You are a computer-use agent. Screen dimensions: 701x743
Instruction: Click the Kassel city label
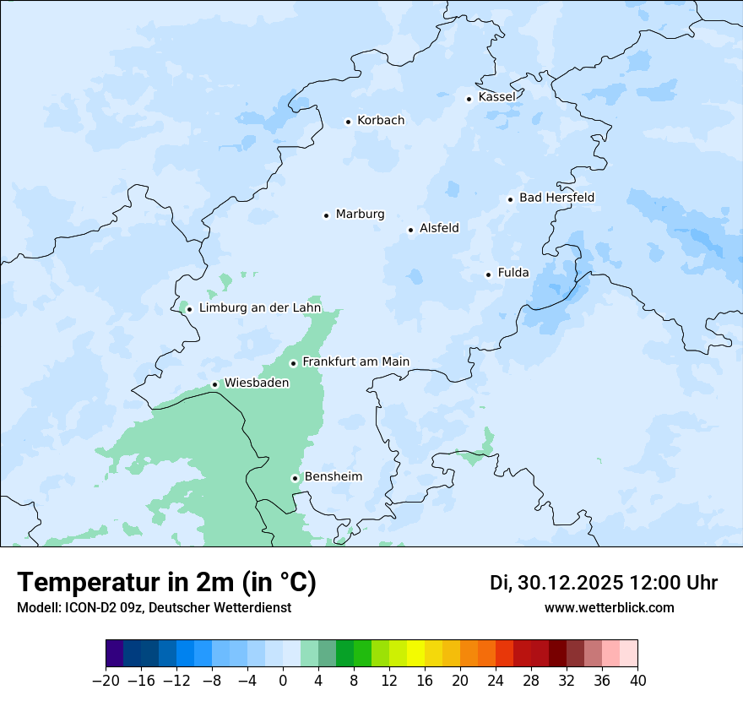(x=496, y=97)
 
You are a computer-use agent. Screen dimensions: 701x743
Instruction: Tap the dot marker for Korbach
(x=348, y=122)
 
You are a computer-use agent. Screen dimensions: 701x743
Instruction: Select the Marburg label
(x=360, y=215)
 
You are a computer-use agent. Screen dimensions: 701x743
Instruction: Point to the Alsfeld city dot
(x=410, y=230)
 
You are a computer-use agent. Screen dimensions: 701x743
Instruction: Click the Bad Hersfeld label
(x=556, y=198)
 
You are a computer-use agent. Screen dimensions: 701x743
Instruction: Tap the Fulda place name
(x=513, y=273)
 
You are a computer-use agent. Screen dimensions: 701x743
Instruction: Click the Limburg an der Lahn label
(x=260, y=308)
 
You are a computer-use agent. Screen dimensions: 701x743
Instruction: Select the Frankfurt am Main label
(x=355, y=361)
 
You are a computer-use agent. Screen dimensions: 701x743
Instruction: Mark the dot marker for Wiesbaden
(x=214, y=384)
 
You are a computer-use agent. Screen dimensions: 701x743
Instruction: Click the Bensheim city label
(x=333, y=476)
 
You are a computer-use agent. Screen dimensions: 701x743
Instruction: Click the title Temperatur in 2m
(x=166, y=582)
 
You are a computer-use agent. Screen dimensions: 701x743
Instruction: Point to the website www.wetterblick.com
(x=609, y=608)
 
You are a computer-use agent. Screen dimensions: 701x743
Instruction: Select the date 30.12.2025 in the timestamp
(x=570, y=583)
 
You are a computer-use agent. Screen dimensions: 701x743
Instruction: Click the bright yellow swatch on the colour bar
(x=415, y=654)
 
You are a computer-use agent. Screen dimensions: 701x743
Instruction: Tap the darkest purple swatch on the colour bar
(x=115, y=654)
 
